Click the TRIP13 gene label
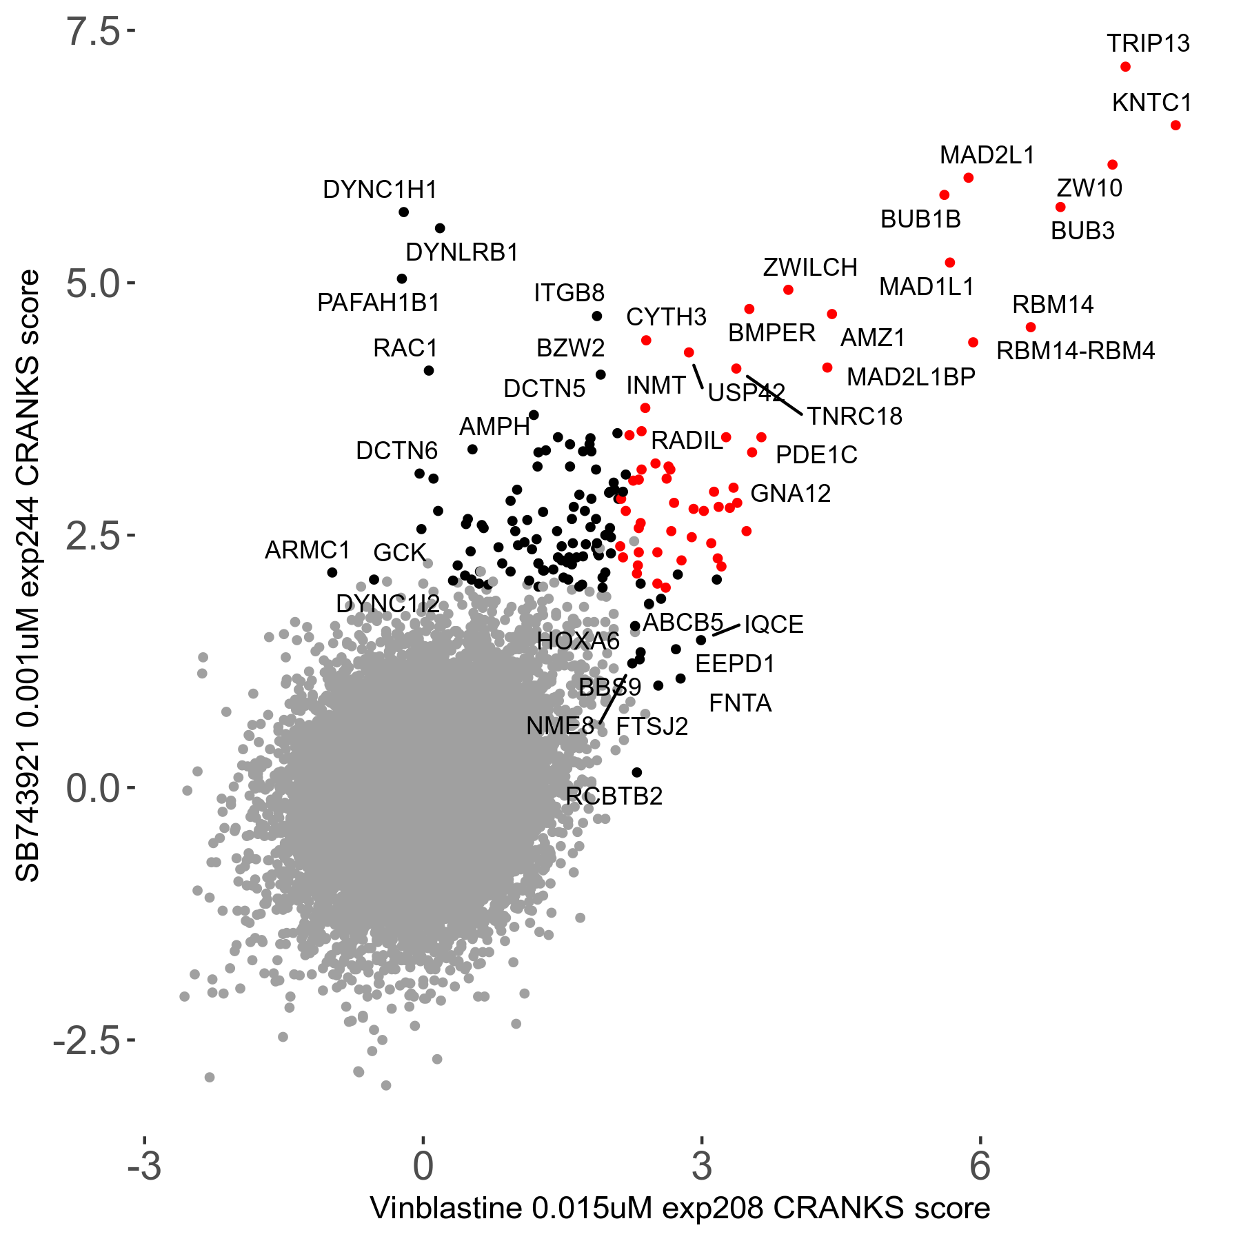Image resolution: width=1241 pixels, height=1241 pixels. pyautogui.click(x=1148, y=43)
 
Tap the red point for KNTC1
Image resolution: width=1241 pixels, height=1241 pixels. pyautogui.click(x=1176, y=125)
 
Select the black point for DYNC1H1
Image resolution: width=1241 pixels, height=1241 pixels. pyautogui.click(x=404, y=212)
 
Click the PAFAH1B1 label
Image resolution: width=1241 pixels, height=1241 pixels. pyautogui.click(x=379, y=303)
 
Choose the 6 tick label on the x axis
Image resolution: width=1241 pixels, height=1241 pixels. pyautogui.click(x=980, y=1166)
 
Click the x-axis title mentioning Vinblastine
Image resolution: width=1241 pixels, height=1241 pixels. pyautogui.click(x=680, y=1208)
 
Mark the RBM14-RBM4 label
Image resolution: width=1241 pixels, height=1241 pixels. pyautogui.click(x=1076, y=351)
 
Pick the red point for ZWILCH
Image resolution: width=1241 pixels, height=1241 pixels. pyautogui.click(x=788, y=290)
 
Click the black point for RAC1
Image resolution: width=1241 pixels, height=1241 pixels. pyautogui.click(x=428, y=370)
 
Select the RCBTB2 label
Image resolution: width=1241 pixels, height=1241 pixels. pyautogui.click(x=614, y=796)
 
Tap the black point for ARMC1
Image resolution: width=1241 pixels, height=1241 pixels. pyautogui.click(x=332, y=572)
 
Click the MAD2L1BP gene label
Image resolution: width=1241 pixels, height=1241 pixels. pyautogui.click(x=911, y=377)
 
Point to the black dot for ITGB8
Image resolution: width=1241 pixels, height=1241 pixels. pyautogui.click(x=597, y=316)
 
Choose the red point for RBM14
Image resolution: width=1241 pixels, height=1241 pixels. pyautogui.click(x=1031, y=327)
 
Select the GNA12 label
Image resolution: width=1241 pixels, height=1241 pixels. pyautogui.click(x=790, y=494)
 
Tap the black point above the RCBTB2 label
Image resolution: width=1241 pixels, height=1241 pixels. pyautogui.click(x=637, y=772)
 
